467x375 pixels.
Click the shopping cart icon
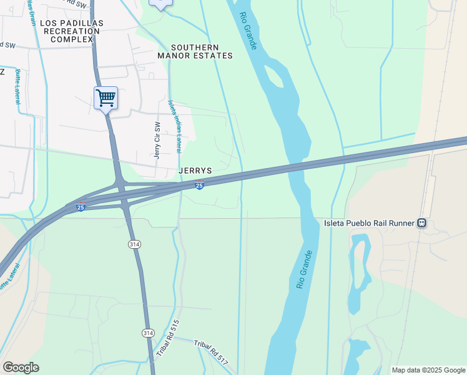pos(106,97)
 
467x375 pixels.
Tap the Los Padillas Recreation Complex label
pos(72,31)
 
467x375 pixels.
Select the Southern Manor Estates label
pos(195,51)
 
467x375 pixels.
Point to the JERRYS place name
pos(195,170)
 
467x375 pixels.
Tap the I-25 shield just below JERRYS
pos(199,185)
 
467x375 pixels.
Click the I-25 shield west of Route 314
pos(81,207)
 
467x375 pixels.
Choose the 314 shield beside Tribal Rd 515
pos(147,333)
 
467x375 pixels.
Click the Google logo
pos(21,367)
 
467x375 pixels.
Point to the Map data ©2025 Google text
pos(428,370)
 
